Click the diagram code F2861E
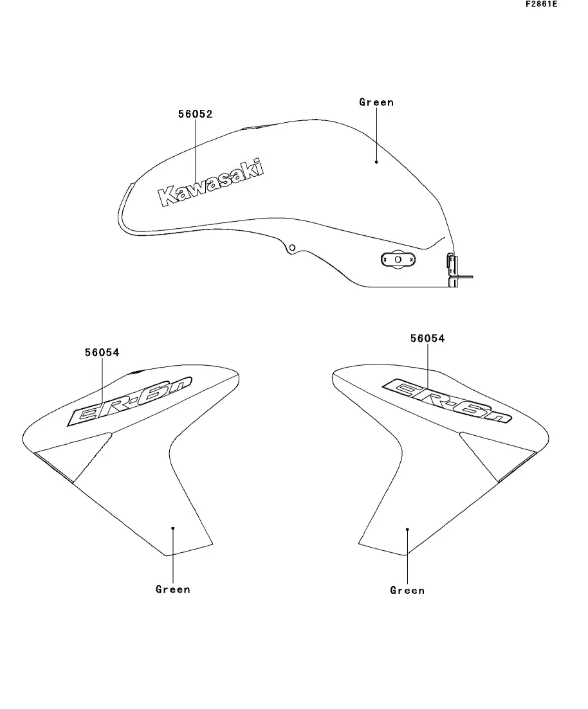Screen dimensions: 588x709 click(542, 4)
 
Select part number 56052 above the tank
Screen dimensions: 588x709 click(195, 114)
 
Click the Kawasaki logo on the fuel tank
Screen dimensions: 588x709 click(210, 182)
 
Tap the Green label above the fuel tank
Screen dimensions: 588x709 click(376, 102)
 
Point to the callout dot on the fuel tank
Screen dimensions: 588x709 click(376, 162)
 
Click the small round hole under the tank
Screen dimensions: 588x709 click(293, 247)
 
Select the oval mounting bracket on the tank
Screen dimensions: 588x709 click(398, 260)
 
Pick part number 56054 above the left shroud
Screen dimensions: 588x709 click(102, 352)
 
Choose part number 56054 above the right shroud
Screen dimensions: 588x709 click(427, 338)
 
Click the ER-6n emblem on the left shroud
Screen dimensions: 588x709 click(129, 401)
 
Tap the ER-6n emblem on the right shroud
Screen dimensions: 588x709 click(447, 400)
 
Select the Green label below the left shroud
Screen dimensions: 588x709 click(173, 589)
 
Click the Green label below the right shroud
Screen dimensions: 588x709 click(407, 590)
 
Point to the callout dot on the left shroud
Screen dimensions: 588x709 click(173, 528)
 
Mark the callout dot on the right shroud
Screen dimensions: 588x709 click(407, 529)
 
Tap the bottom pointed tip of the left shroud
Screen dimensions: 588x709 click(166, 556)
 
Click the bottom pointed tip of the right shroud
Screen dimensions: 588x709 click(406, 555)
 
